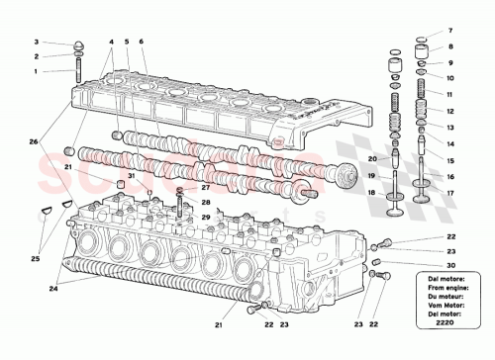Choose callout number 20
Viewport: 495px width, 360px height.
[x=372, y=158]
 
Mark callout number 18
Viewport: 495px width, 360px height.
[x=372, y=194]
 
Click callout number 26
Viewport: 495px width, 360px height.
[x=35, y=140]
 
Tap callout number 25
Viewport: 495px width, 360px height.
[x=36, y=259]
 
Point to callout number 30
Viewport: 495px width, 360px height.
[x=450, y=266]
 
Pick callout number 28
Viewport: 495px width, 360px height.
[x=206, y=202]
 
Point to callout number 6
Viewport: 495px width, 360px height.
[x=142, y=43]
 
